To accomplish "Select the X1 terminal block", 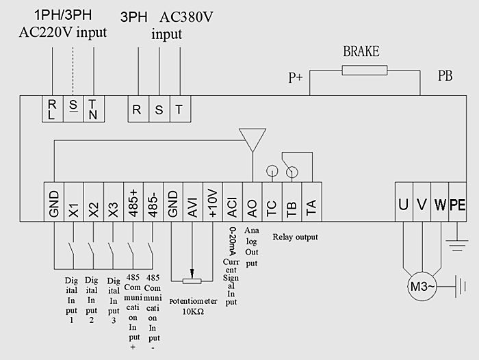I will (x=74, y=202).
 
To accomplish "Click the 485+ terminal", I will (x=133, y=202).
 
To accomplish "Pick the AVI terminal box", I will (x=193, y=202).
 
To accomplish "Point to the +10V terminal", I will (x=213, y=202).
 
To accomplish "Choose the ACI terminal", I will (x=233, y=202).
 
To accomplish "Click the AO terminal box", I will (x=253, y=202).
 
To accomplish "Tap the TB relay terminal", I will (x=292, y=202).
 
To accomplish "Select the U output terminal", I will (x=404, y=202).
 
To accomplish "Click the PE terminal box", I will (x=457, y=202).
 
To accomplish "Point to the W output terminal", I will (x=439, y=202).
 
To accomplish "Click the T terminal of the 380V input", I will (x=179, y=109).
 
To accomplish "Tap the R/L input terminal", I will (x=53, y=110).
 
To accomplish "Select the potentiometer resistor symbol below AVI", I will (x=193, y=280).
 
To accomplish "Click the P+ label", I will (x=295, y=78).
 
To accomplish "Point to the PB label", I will (x=445, y=75).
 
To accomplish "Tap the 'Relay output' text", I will (x=295, y=237).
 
